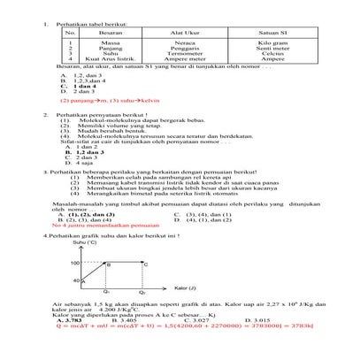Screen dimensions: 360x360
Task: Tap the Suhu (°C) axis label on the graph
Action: point(86,242)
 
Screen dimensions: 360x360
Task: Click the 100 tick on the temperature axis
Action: point(75,263)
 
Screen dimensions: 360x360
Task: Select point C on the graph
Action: point(146,264)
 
